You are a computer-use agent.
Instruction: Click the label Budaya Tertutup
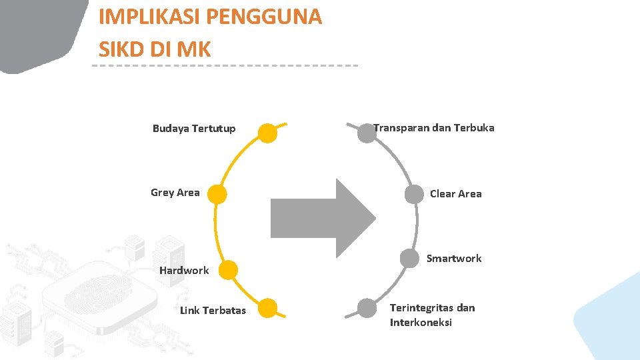pos(194,129)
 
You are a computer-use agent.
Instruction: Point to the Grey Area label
pos(175,193)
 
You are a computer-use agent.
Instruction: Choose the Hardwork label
pos(184,271)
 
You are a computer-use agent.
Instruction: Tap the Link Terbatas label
pos(213,311)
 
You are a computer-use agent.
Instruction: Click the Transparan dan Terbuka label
pos(434,127)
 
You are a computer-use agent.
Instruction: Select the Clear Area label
pos(455,194)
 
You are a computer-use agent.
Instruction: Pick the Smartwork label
pos(454,259)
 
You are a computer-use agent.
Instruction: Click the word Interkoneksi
pos(421,323)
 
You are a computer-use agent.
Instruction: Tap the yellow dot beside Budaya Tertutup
pos(267,133)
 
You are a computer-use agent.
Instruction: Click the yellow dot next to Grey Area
pos(216,194)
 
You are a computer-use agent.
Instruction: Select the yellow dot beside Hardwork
pos(228,270)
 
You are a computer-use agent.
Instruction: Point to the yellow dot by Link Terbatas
pos(267,308)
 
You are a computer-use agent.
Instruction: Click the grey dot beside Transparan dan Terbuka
pos(367,133)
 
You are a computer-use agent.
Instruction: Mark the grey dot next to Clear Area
pos(415,193)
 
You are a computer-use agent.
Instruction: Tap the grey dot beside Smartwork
pos(409,258)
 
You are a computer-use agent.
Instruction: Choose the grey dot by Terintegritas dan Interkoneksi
pos(367,308)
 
